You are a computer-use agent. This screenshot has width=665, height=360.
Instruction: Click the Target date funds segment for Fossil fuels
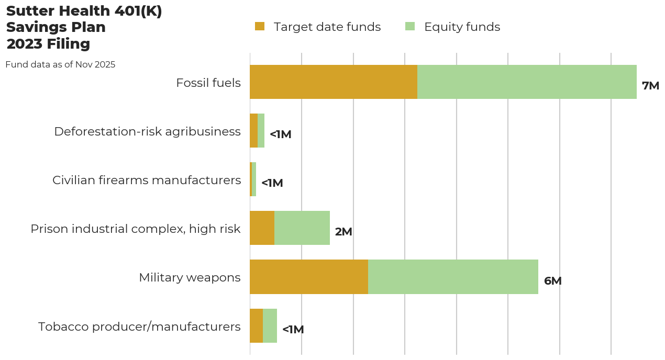pos(334,82)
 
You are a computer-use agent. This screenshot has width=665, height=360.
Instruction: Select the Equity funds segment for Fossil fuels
pos(527,82)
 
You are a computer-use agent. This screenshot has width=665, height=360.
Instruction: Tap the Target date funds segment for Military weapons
pos(309,277)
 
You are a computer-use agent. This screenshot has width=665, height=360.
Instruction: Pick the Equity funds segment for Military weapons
pos(453,277)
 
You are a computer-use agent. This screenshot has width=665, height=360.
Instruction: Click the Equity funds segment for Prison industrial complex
pos(302,228)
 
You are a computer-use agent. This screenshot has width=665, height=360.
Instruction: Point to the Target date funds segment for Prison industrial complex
pos(262,228)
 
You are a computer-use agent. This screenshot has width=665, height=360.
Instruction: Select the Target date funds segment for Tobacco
pos(256,325)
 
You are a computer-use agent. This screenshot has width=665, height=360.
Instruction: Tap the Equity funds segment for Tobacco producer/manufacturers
pos(270,325)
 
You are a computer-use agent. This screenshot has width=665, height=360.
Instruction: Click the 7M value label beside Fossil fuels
pos(650,86)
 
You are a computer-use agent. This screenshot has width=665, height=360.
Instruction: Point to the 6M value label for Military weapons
pos(552,281)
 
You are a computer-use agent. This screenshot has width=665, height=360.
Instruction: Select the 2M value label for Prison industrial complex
pos(343,232)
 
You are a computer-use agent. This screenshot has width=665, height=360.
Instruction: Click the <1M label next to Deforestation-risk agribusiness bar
pos(280,134)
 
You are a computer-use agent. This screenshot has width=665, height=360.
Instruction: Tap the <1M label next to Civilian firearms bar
pos(272,183)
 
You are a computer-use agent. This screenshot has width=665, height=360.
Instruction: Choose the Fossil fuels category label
pos(208,83)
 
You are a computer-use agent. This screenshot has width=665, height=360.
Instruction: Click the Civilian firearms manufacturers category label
pos(147,180)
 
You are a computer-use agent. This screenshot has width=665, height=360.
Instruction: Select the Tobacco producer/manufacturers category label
pos(139,327)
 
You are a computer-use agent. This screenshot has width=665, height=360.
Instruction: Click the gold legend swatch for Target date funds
pos(260,26)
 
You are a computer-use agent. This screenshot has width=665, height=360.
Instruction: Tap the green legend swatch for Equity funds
pos(410,26)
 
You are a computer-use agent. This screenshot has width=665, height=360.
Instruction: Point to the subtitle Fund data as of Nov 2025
pos(60,65)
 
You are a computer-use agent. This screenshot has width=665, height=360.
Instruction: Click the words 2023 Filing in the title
pos(48,44)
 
